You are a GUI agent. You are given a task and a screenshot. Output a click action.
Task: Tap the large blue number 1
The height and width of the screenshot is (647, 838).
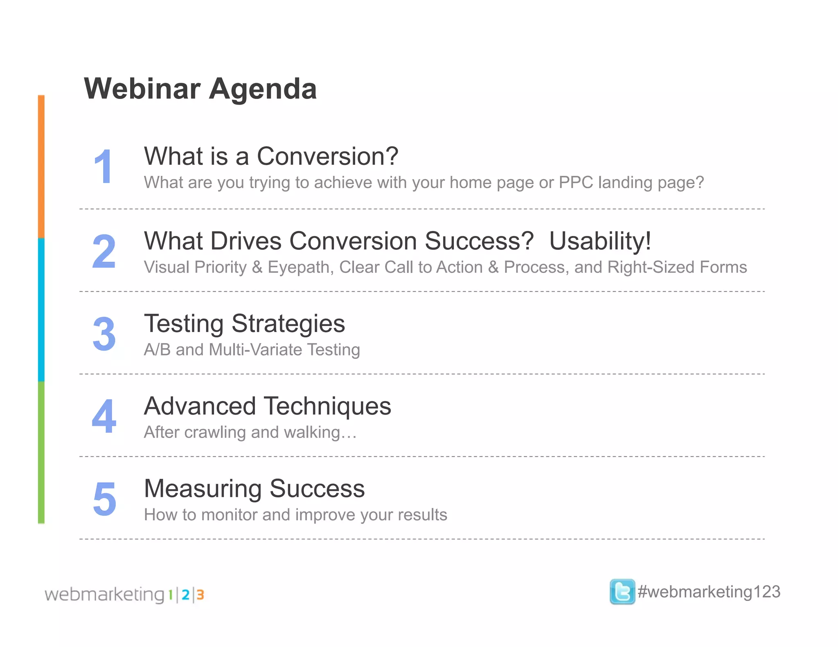click(x=103, y=166)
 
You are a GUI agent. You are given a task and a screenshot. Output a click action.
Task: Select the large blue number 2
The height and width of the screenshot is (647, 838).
click(x=104, y=251)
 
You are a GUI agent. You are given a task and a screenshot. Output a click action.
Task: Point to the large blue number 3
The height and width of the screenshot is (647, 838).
click(x=104, y=334)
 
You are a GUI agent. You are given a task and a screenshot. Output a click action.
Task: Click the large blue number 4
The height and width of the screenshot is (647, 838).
click(x=104, y=416)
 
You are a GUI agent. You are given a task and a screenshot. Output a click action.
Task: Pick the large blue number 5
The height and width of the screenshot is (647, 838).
click(x=104, y=499)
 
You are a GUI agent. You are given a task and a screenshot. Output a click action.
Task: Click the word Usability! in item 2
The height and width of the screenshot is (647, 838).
click(x=600, y=241)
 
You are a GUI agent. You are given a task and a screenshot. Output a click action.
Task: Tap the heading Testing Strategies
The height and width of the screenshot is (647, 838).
click(x=244, y=323)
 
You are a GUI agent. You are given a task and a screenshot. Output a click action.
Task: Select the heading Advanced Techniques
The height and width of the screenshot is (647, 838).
click(x=268, y=406)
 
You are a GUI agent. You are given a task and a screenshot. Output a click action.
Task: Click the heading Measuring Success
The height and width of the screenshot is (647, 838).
click(x=254, y=489)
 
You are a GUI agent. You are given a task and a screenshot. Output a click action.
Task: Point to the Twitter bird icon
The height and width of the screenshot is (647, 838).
click(x=622, y=591)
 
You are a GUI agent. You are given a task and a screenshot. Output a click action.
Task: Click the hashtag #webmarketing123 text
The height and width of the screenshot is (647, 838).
click(x=709, y=592)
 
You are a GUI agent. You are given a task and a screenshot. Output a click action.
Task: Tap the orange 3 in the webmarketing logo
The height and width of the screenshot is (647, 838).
click(x=200, y=595)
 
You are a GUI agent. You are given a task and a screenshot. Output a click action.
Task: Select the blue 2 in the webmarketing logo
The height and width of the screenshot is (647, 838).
click(x=185, y=595)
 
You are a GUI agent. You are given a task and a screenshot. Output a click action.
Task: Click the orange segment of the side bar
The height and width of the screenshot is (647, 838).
click(x=41, y=167)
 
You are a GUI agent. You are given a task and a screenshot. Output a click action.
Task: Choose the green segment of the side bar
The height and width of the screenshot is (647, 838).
click(x=41, y=452)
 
